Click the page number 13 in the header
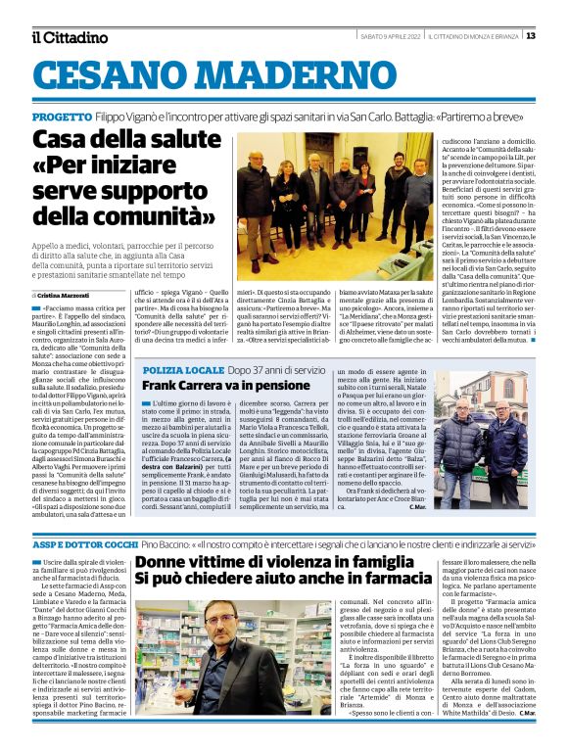[531, 36]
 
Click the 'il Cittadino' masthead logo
[69, 37]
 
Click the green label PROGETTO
[62, 117]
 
